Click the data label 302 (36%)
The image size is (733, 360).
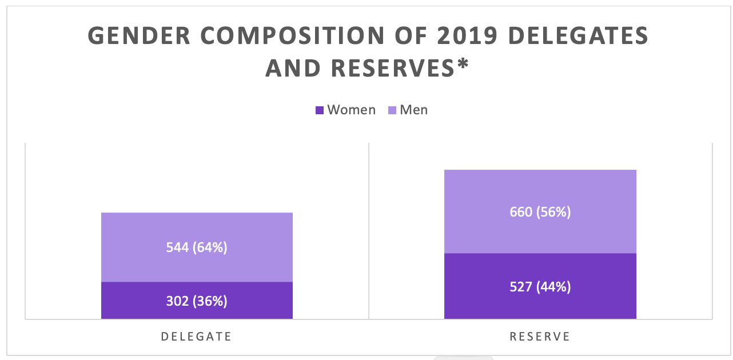click(x=197, y=301)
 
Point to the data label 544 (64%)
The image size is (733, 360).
click(x=197, y=247)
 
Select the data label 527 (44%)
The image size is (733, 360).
click(x=540, y=286)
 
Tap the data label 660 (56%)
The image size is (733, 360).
click(x=540, y=212)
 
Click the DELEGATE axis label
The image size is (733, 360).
click(x=197, y=337)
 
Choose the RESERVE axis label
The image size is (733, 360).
click(x=540, y=337)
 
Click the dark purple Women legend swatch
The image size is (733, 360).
click(x=320, y=110)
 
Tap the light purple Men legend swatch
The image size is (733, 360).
click(x=392, y=110)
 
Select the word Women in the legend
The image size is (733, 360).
click(x=351, y=110)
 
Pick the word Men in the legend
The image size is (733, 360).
click(x=414, y=110)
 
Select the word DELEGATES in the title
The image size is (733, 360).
click(x=578, y=37)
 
